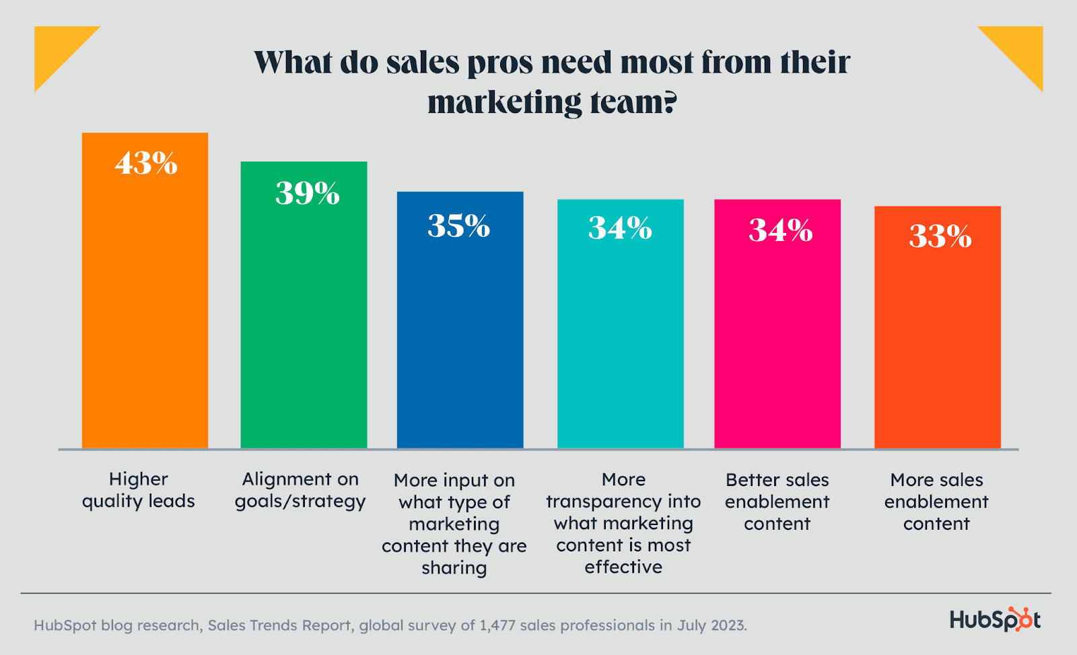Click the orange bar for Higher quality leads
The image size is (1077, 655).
[145, 303]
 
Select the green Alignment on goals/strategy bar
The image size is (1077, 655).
[304, 316]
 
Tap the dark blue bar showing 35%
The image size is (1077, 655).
[460, 330]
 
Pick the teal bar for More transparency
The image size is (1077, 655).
[620, 337]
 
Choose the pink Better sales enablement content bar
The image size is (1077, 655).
[777, 337]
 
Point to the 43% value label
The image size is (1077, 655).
[146, 163]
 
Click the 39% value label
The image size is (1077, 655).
[307, 193]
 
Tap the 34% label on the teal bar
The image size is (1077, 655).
[620, 228]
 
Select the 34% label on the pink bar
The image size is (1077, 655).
[780, 230]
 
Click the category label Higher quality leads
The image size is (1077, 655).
[139, 490]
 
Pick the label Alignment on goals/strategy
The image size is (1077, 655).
[300, 490]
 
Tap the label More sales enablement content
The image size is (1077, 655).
[936, 502]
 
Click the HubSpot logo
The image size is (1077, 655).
[994, 619]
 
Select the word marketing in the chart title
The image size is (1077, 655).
[504, 103]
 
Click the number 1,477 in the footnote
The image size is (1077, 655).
[497, 625]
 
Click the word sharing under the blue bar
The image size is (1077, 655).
[454, 567]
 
